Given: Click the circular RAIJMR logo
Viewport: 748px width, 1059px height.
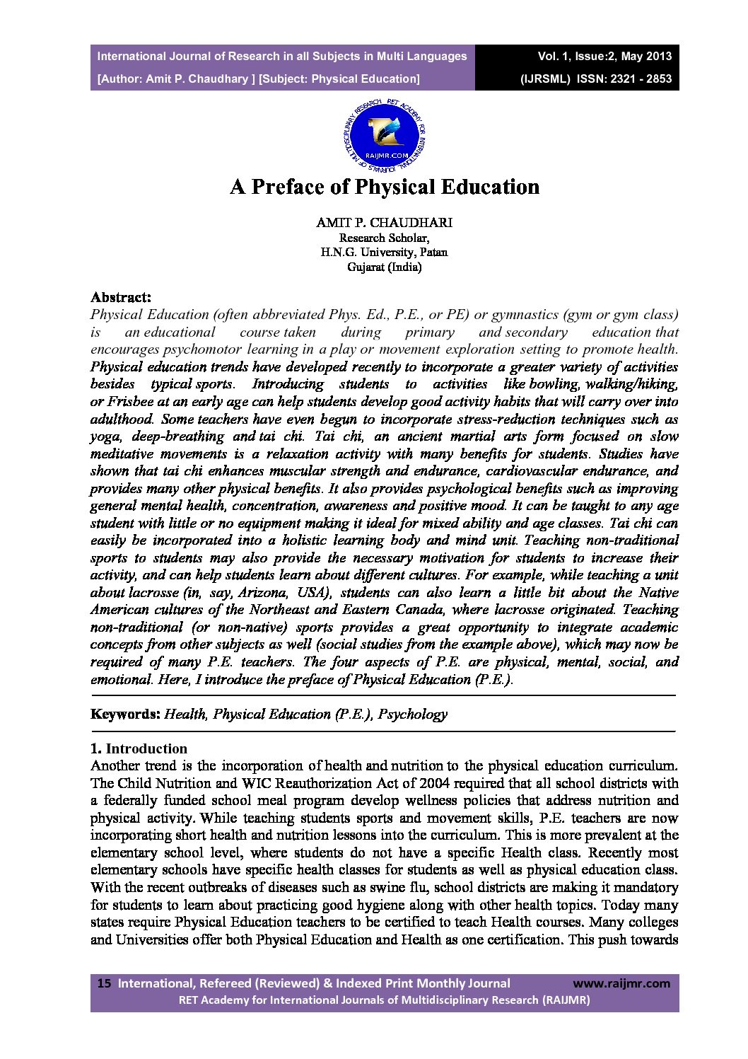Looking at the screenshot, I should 385,134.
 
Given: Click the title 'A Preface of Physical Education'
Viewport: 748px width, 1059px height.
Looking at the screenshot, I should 385,187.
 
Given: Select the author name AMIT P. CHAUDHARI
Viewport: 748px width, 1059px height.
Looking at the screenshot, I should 385,223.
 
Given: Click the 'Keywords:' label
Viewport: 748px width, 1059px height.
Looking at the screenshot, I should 125,714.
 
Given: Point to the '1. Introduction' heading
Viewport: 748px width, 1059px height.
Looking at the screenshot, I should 139,748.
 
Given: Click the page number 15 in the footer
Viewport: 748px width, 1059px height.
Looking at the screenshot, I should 105,983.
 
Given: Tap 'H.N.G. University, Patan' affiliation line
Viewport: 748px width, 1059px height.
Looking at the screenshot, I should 385,252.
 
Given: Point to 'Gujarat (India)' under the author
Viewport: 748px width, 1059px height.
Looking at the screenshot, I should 385,267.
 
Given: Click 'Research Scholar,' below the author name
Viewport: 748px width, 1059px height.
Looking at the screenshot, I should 385,238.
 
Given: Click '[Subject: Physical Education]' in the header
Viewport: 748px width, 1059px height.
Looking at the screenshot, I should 339,79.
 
